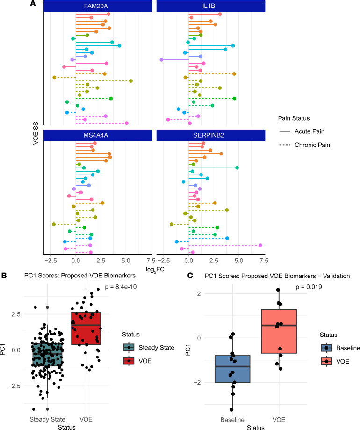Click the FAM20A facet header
(98, 6)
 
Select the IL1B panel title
(211, 6)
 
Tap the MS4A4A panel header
(98, 135)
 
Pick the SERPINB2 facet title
(211, 135)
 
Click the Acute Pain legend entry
(302, 131)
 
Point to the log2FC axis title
(155, 270)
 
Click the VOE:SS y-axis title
(36, 133)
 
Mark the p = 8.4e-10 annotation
(121, 287)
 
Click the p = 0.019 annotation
(309, 287)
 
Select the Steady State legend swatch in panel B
(129, 348)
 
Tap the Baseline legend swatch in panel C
(326, 348)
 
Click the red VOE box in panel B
(86, 328)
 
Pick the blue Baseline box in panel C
(232, 369)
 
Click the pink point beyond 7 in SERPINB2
(260, 245)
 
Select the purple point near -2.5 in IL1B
(161, 60)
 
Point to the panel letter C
(190, 275)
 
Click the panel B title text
(80, 276)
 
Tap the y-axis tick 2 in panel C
(199, 294)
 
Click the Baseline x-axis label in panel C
(232, 420)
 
